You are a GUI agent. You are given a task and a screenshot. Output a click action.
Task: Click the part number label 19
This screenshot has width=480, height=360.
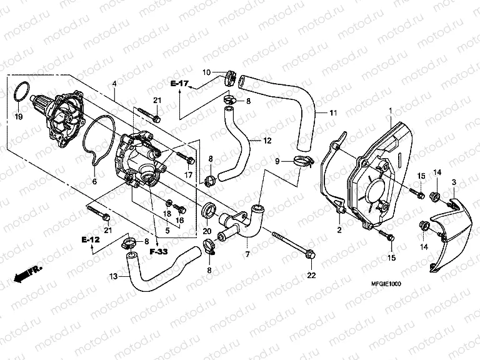[x=18, y=116]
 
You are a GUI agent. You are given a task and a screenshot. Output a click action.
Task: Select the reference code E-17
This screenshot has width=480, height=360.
[x=179, y=83]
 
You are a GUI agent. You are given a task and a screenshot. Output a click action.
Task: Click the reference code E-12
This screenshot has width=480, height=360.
[x=90, y=239]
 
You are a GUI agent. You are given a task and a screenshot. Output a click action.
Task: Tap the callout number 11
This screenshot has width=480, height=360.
[x=333, y=113]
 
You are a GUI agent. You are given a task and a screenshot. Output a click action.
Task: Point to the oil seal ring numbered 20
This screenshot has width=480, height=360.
[x=209, y=209]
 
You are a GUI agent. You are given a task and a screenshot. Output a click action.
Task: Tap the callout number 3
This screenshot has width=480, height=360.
[x=454, y=181]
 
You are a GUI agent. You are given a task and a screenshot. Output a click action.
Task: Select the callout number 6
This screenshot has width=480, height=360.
[x=94, y=182]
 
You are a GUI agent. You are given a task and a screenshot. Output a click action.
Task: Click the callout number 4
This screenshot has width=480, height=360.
[x=114, y=84]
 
